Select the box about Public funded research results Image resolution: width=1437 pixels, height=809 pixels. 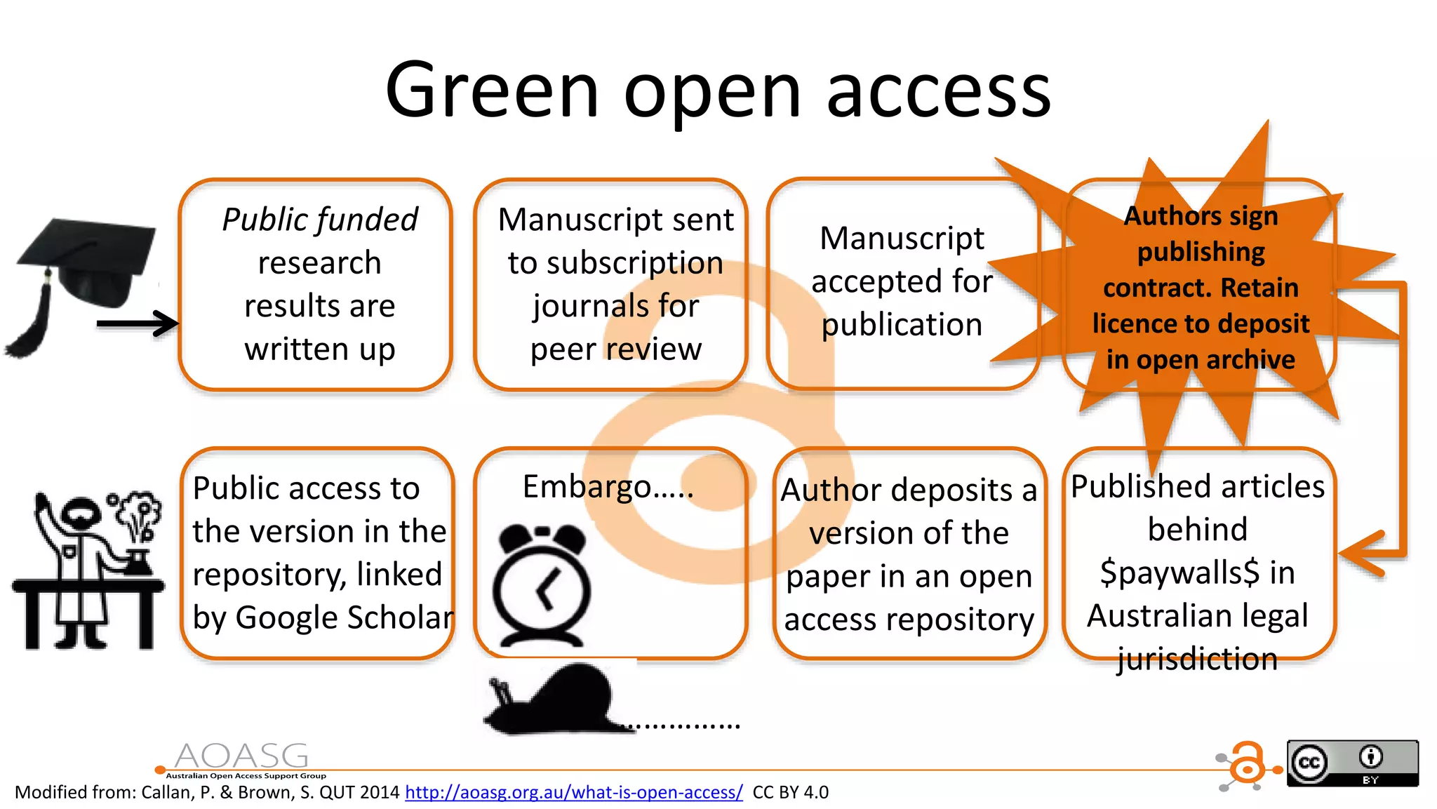coord(315,284)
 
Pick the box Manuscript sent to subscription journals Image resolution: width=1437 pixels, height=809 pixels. coord(610,284)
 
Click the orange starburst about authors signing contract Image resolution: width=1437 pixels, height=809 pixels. coord(1201,288)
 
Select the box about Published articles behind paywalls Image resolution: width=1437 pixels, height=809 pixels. coord(1198,554)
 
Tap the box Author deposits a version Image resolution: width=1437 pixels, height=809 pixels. coord(909,554)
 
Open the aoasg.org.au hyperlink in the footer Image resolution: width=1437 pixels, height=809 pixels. coord(573,793)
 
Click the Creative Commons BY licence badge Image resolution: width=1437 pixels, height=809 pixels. coord(1352,763)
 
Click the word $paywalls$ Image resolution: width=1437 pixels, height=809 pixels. coord(1179,573)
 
